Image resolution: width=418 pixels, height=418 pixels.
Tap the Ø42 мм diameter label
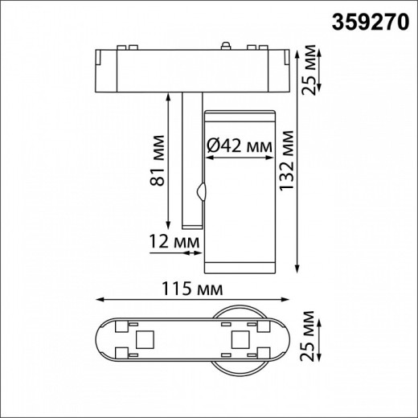tap(239, 146)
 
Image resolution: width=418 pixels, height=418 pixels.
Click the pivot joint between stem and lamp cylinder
tap(202, 193)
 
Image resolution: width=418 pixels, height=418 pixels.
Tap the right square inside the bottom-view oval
tap(238, 338)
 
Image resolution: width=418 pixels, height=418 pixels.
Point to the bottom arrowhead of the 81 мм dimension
tap(170, 225)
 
